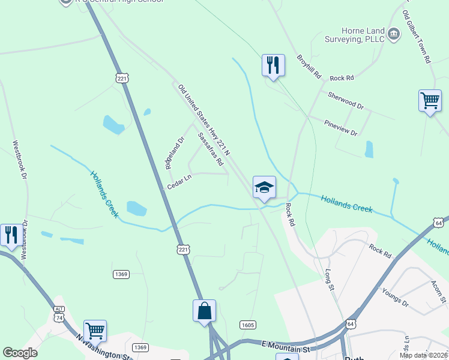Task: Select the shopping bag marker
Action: (x=204, y=311)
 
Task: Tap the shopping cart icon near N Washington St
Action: (x=95, y=331)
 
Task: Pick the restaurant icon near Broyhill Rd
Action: (x=273, y=65)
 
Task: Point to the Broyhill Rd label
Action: (x=309, y=68)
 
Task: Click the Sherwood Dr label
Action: (x=346, y=100)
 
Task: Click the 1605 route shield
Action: (x=247, y=325)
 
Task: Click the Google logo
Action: (x=20, y=353)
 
